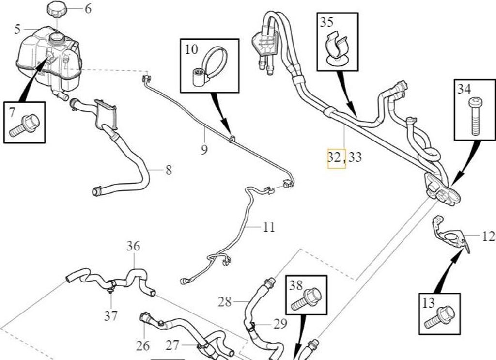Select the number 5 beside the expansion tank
tap(17, 30)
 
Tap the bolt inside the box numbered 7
tap(24, 125)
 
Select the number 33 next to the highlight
tap(355, 157)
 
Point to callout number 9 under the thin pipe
tap(204, 149)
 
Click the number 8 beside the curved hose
tap(169, 170)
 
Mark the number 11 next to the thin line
tap(269, 227)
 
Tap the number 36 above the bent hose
tap(133, 246)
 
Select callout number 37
tap(111, 315)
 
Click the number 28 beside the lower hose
tap(225, 302)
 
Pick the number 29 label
tap(280, 324)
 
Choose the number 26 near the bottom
tap(143, 346)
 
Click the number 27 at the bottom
tap(172, 345)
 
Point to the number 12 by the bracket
tap(489, 236)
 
